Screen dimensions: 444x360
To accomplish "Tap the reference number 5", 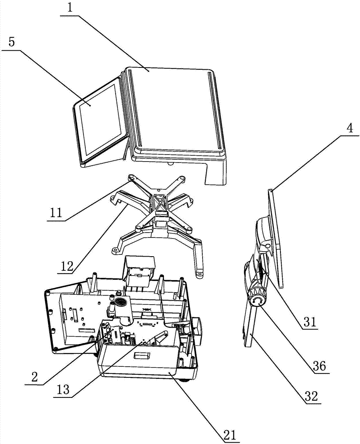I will [x=12, y=43].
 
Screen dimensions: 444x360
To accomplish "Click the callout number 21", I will [x=231, y=433].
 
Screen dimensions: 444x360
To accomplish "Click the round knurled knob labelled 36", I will [x=256, y=300].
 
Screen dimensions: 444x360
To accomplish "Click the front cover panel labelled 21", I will [x=138, y=362].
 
